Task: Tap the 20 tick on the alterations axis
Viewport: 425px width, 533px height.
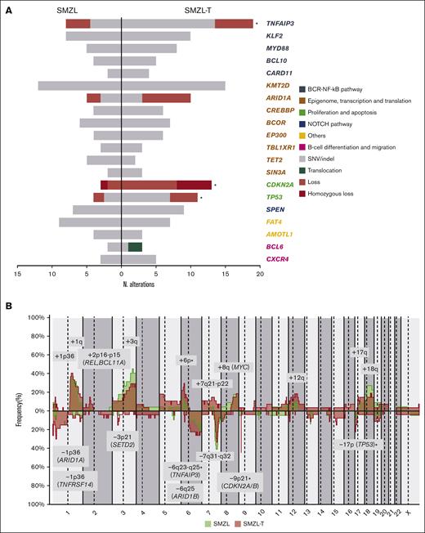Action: coord(260,275)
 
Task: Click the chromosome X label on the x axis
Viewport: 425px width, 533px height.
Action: coord(409,512)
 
